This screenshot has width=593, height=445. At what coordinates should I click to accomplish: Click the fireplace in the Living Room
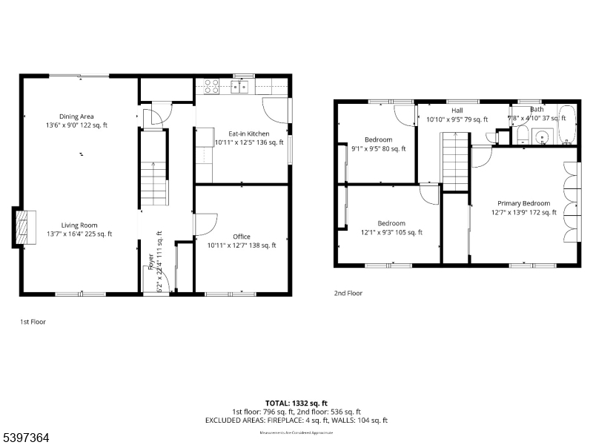click(24, 226)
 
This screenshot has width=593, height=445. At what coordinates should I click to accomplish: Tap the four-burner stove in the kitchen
click(211, 86)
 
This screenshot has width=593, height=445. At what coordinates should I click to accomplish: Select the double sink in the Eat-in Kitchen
click(239, 87)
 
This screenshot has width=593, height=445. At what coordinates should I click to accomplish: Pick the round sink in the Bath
click(541, 136)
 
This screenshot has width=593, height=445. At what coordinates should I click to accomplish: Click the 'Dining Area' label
click(77, 116)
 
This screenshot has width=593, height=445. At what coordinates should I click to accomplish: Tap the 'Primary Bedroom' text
click(523, 203)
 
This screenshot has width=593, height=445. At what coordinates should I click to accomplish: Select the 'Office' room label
click(242, 237)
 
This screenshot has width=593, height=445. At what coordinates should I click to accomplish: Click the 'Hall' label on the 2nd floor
click(457, 111)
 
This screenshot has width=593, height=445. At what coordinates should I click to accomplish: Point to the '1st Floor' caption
click(34, 322)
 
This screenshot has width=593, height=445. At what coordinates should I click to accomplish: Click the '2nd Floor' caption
click(348, 293)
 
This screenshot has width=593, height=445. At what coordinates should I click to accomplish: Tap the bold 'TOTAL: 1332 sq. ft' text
click(296, 403)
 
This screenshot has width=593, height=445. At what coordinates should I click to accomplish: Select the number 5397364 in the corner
click(25, 438)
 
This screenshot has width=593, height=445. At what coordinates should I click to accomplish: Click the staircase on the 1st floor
click(153, 184)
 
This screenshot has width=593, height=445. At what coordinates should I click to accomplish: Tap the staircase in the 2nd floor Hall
click(454, 162)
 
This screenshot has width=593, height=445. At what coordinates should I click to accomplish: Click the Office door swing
click(205, 225)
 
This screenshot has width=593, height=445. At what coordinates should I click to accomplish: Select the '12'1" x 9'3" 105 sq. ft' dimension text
click(391, 232)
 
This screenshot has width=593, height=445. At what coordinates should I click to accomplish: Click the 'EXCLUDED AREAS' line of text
click(296, 421)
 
